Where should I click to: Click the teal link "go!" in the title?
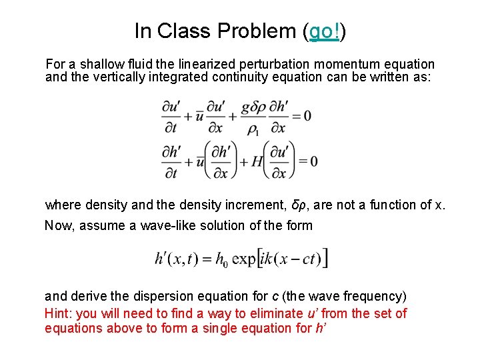(x=325, y=31)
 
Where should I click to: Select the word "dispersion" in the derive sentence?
(x=165, y=295)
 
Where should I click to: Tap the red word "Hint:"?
(x=59, y=313)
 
